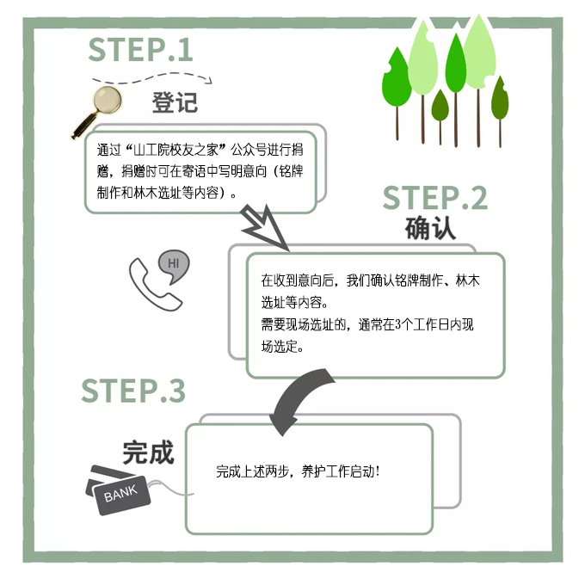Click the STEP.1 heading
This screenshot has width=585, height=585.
point(140,50)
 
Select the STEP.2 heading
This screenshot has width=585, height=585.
point(435,198)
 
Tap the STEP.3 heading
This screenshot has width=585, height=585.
point(133,391)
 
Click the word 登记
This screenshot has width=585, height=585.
point(175,102)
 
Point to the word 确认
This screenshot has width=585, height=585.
point(430,228)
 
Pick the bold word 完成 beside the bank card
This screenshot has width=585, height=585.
point(148,453)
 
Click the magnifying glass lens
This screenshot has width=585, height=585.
point(108,99)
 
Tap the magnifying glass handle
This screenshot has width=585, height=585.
point(83,126)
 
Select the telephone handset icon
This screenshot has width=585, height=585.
point(154,285)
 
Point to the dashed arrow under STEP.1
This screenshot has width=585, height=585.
point(152,78)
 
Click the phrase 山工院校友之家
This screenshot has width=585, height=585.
point(175,150)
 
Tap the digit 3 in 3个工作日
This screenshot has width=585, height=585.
point(397,324)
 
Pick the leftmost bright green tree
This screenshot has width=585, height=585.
point(397,93)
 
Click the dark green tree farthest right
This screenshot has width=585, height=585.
point(500,111)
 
